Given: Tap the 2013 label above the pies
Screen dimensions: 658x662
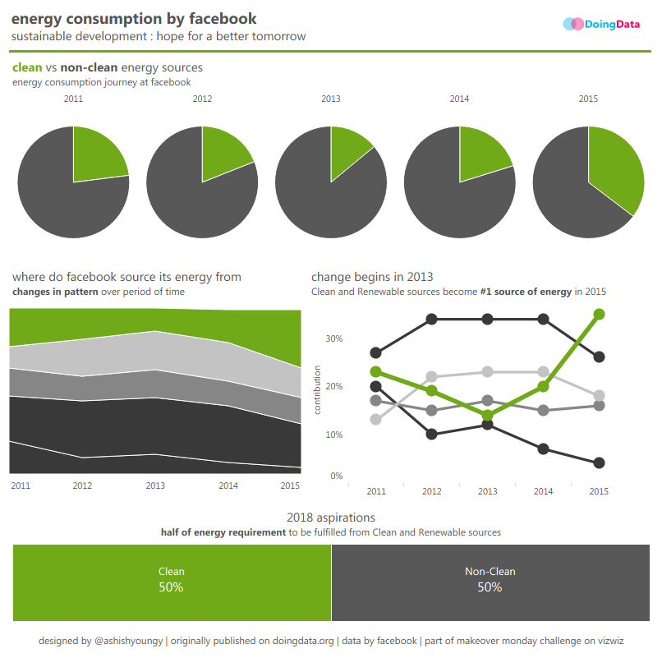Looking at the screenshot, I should coord(330,99).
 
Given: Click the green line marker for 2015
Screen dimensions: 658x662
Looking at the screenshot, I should coord(599,314).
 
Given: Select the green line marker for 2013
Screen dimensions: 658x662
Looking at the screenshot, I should coord(488,416).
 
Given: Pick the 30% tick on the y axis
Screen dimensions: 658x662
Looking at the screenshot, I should coord(334,338).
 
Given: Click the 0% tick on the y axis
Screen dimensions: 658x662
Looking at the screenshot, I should coord(336,476).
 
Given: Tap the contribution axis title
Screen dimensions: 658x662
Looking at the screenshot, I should coord(317,389).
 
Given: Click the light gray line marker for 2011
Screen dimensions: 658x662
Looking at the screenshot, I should coord(376,420).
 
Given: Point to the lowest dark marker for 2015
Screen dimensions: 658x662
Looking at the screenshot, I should coord(599,463).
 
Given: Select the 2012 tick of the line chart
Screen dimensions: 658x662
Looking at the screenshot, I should coord(432,491).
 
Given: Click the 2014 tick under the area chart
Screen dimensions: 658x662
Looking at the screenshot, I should coord(228,485).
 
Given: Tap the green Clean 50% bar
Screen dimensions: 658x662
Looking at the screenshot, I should coord(172,582).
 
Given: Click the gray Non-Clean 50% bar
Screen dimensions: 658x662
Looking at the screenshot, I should coord(490,582).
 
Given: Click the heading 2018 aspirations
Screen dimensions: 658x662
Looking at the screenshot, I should coord(331,518).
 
